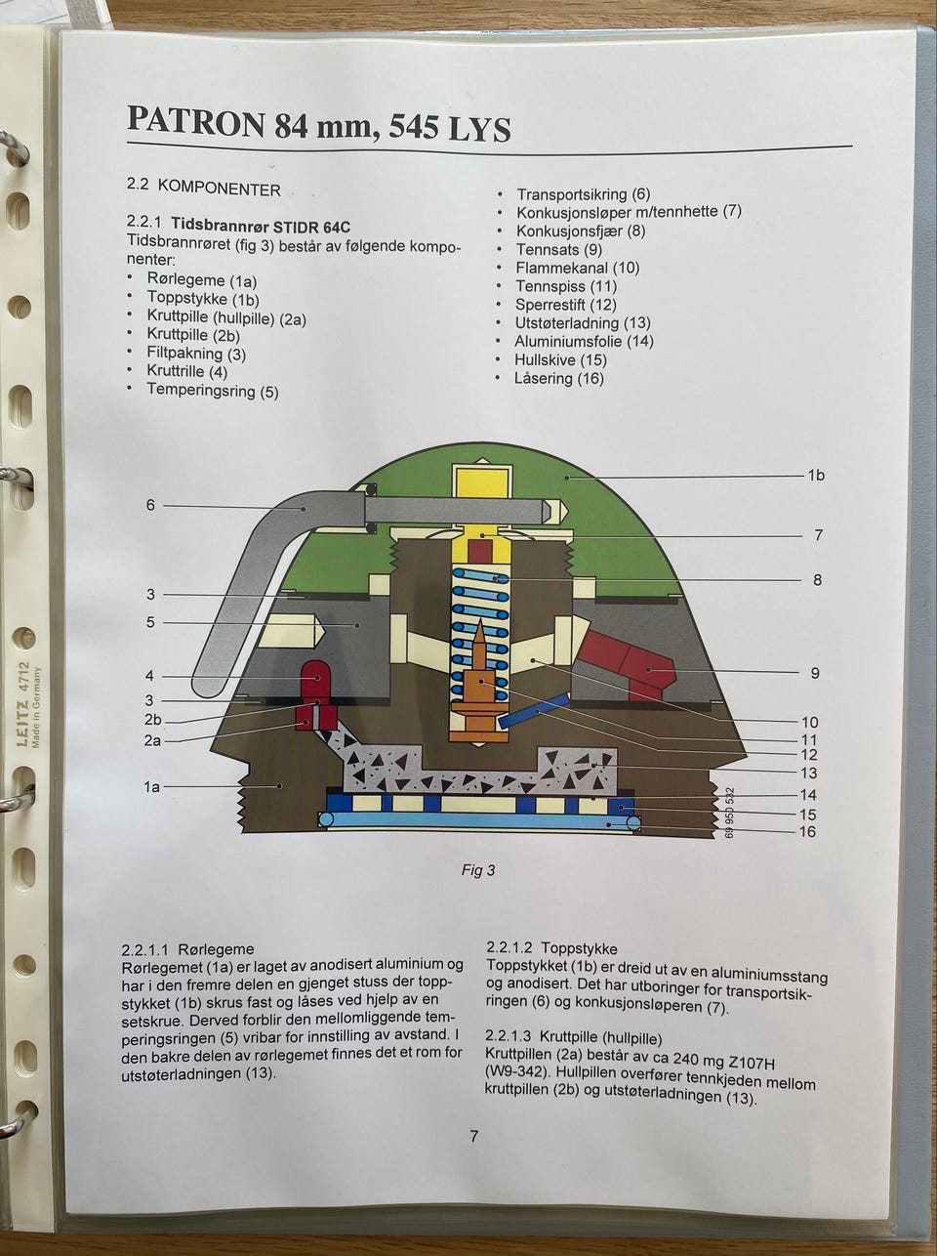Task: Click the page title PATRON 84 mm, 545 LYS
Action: pos(318,125)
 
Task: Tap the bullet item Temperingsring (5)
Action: pos(212,391)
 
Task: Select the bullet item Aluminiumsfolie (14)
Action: pos(584,341)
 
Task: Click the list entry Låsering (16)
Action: pos(558,378)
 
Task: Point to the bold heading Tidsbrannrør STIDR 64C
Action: pos(261,227)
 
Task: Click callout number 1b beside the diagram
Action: pos(815,476)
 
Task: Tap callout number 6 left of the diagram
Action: pos(150,505)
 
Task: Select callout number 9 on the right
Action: pos(815,673)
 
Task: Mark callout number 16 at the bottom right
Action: pos(807,832)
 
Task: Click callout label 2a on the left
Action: pos(152,741)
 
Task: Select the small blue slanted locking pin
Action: pos(533,711)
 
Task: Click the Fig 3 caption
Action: pos(478,870)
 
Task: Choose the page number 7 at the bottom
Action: pos(474,1136)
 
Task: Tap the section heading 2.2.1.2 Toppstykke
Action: pos(551,948)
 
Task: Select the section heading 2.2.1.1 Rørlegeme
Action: pos(187,949)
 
